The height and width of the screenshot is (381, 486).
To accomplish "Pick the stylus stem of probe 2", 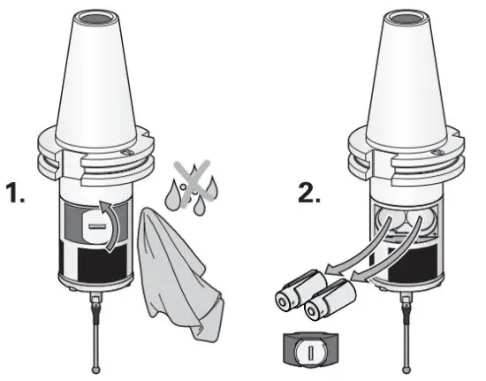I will (x=406, y=336).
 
